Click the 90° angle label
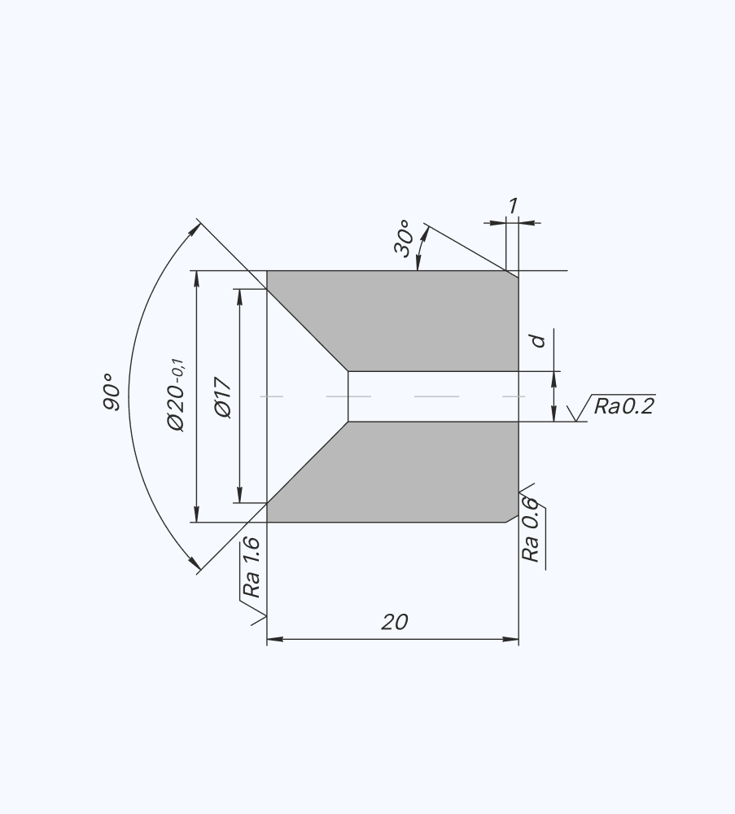pos(112,392)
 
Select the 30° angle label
pos(404,239)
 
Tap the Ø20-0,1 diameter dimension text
pos(176,395)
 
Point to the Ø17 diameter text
pos(223,397)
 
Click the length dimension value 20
pos(395,622)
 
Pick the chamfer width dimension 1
pos(513,206)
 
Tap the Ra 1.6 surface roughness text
pos(252,567)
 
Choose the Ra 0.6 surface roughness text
pos(531,530)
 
